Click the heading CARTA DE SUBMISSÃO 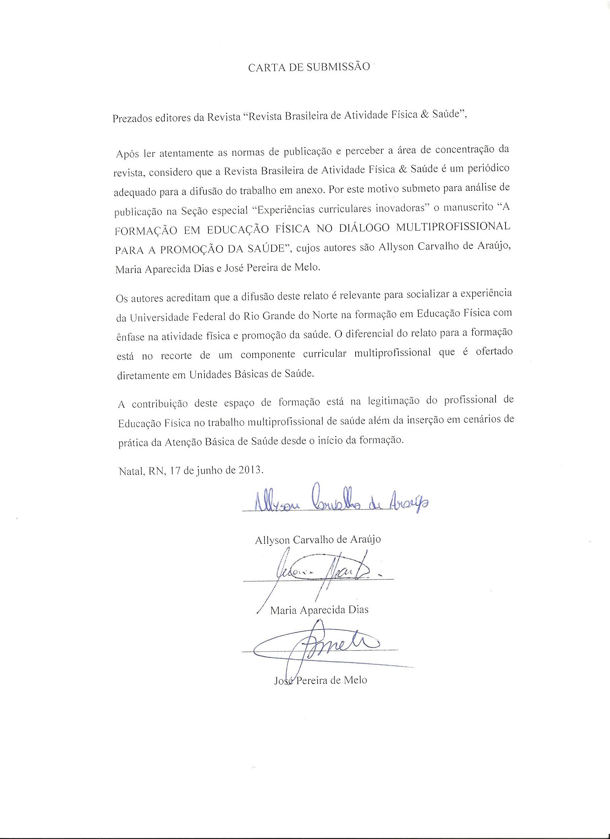pos(309,67)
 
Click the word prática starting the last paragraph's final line pos(133,443)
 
